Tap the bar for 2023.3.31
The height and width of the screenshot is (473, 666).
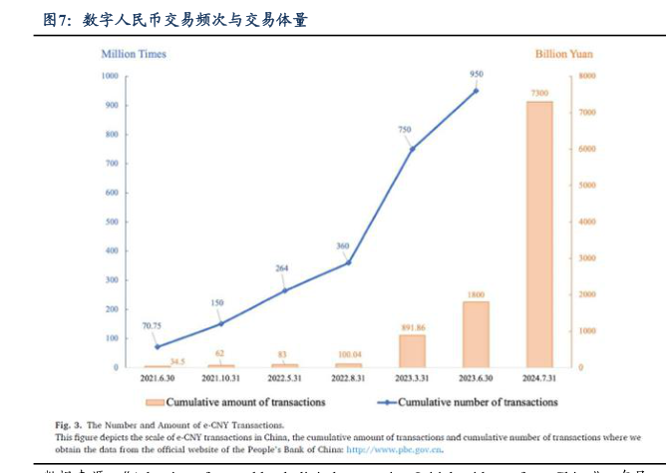(x=412, y=350)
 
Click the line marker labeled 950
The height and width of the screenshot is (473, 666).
(x=476, y=91)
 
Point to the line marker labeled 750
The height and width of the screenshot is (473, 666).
(x=412, y=149)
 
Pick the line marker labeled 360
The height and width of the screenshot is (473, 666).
(x=348, y=262)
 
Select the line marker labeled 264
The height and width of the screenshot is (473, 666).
(x=284, y=290)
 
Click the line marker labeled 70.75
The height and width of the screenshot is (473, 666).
(x=157, y=346)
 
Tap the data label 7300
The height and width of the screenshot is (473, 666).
(x=539, y=93)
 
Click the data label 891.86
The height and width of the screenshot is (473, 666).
(x=412, y=326)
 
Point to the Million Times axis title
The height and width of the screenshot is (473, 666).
(x=134, y=54)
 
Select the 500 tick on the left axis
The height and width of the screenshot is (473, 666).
(x=111, y=222)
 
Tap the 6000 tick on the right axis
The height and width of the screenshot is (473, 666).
(x=587, y=149)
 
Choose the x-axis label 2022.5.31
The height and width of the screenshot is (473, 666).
(x=284, y=378)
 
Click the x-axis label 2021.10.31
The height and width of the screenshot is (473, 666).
(x=220, y=378)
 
